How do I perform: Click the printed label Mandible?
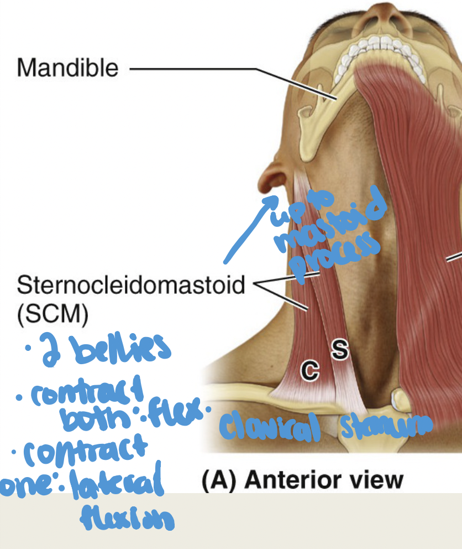67,68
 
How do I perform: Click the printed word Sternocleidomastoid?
131,286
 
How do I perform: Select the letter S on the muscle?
340,349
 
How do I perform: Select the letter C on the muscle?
310,370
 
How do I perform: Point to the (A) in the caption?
218,479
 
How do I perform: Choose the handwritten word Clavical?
270,427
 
